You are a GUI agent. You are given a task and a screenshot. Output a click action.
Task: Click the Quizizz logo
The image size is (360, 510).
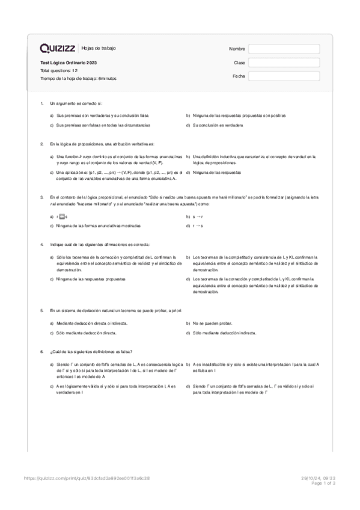pyautogui.click(x=58, y=48)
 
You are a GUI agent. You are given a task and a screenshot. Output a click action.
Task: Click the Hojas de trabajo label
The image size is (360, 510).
pyautogui.click(x=99, y=48)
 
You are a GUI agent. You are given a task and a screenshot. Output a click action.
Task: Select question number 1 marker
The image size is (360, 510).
pyautogui.click(x=41, y=103)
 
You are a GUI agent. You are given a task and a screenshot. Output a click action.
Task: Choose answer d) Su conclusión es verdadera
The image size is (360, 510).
pyautogui.click(x=218, y=125)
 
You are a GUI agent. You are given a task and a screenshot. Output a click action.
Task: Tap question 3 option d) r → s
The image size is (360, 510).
pyautogui.click(x=198, y=226)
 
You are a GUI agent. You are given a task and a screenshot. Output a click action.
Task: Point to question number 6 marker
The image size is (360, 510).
pyautogui.click(x=41, y=351)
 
